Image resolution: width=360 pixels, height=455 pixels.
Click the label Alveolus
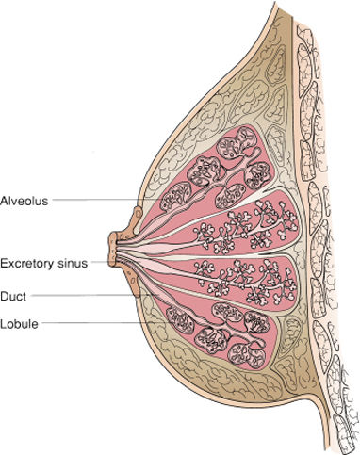click(25, 201)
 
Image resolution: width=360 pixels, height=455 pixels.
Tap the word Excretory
click(26, 263)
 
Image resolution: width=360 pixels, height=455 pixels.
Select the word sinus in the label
click(73, 263)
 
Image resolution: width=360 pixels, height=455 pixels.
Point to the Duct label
click(13, 296)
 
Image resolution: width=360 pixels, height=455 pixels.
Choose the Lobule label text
click(19, 324)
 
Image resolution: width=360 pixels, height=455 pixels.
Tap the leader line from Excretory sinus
click(100, 261)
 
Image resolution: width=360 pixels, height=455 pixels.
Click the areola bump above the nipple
click(138, 219)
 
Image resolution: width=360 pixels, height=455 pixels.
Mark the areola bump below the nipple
click(134, 281)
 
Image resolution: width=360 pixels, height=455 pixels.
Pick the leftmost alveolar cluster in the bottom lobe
click(181, 320)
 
